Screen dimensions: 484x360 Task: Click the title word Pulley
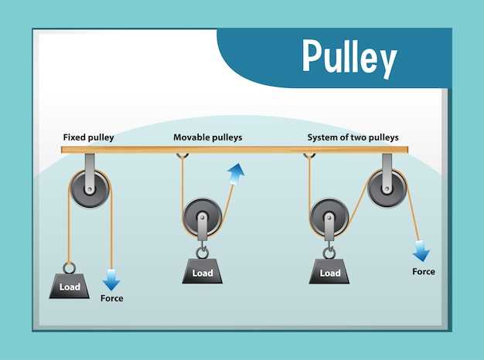(x=349, y=58)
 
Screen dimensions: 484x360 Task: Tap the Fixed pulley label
(x=89, y=138)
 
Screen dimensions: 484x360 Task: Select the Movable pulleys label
(x=208, y=138)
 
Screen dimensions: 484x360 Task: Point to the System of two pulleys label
(x=353, y=138)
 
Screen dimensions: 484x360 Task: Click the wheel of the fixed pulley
(x=90, y=188)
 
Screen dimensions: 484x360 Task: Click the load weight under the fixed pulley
(x=70, y=286)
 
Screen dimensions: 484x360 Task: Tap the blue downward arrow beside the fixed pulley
(x=111, y=280)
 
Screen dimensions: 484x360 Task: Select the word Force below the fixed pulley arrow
(x=112, y=298)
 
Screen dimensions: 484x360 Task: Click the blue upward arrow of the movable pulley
(x=236, y=173)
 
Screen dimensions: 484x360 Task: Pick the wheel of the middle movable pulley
(x=202, y=218)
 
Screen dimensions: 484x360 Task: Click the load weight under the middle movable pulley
(x=203, y=271)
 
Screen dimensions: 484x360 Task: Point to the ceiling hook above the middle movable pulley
(x=182, y=156)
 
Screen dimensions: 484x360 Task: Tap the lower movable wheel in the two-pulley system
(x=329, y=218)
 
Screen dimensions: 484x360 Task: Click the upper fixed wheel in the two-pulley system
(x=387, y=188)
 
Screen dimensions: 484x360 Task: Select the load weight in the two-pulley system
(x=329, y=271)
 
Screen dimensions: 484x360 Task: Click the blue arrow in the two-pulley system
(x=421, y=251)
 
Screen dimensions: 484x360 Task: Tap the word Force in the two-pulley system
(x=424, y=271)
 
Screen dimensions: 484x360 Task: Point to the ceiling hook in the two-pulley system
(x=309, y=156)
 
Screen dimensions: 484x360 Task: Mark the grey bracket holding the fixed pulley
(x=90, y=174)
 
